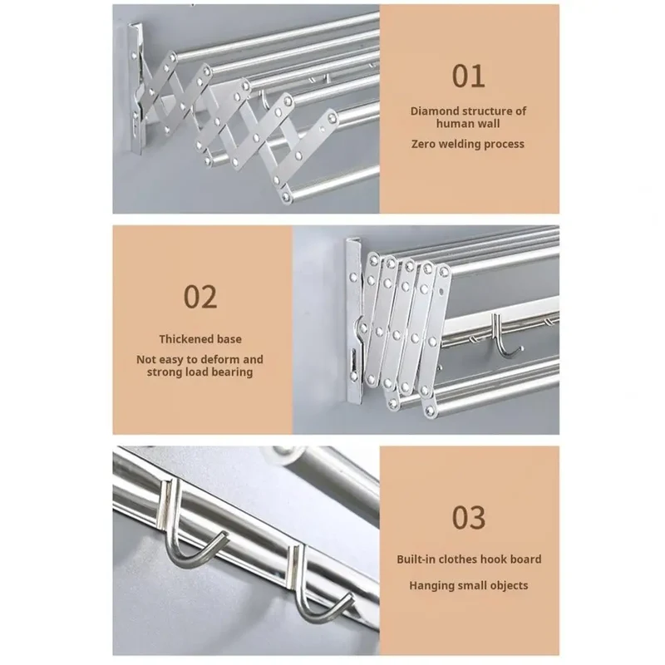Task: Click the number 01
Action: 468,76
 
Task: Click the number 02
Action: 200,297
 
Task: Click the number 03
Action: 468,517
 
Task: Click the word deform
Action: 224,360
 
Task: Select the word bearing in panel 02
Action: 235,372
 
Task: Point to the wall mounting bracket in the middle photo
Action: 355,321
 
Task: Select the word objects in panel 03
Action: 509,586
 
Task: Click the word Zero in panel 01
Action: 423,144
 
